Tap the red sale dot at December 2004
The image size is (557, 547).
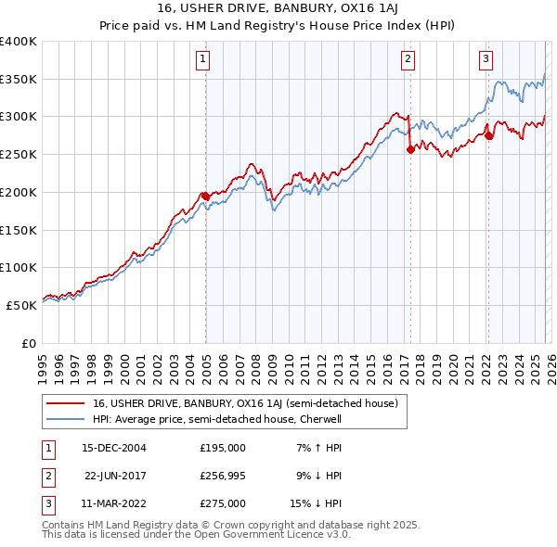point(205,196)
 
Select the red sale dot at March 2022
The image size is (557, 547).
point(488,135)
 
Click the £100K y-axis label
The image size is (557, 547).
point(19,267)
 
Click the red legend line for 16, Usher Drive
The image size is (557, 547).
point(65,403)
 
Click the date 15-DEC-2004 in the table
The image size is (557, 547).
point(114,447)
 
